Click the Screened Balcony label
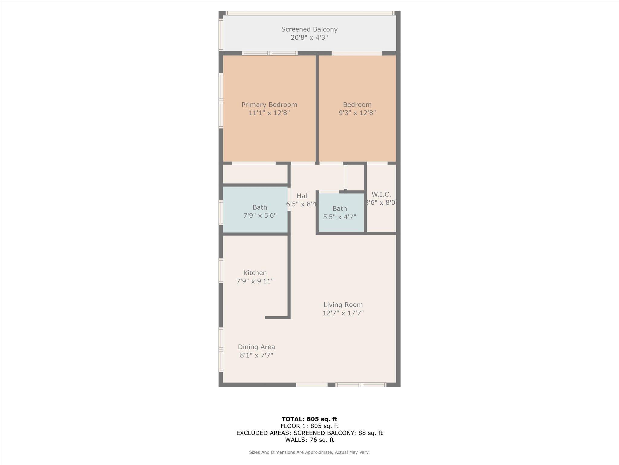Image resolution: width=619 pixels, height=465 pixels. point(309,29)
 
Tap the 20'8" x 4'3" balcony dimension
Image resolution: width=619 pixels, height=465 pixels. point(309,38)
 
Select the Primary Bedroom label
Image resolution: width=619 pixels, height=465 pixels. point(269,105)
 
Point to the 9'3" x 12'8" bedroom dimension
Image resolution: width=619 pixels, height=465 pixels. point(357,113)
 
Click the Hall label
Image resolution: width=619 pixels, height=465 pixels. point(303,196)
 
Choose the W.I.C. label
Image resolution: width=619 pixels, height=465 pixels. point(381,194)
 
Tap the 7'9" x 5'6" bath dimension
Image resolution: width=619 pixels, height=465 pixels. point(260,216)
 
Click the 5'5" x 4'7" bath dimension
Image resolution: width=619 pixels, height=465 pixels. point(340,217)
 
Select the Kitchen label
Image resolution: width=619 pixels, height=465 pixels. point(255,273)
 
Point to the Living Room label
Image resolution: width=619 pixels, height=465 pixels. point(343,305)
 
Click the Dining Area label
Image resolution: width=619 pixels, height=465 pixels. point(256,347)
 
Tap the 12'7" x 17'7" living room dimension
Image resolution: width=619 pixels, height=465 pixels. point(343,313)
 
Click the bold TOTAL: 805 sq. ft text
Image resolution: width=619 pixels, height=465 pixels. point(309,419)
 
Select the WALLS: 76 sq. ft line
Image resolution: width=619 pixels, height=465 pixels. point(309,440)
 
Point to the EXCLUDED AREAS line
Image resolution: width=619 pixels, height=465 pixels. point(309,433)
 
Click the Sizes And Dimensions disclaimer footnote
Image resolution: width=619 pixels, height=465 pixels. point(309,452)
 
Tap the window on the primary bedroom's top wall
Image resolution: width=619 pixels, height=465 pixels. point(270,53)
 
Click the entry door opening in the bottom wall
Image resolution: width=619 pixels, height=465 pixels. point(312,385)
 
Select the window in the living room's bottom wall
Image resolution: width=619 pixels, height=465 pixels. point(361,385)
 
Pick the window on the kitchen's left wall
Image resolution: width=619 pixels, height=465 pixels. point(221,271)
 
